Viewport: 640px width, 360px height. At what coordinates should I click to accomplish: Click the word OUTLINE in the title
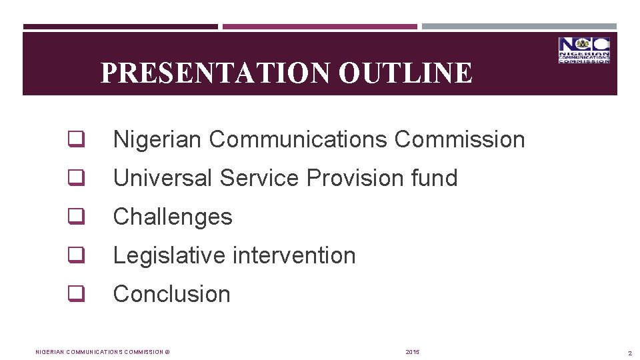coord(405,73)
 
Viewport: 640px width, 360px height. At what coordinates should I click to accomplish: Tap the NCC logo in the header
coord(584,51)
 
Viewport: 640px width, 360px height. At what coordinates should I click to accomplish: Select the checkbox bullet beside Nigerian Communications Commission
coord(74,140)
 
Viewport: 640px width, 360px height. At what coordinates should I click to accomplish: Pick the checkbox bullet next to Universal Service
coord(74,179)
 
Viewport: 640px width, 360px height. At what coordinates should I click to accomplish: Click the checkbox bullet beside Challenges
coord(74,217)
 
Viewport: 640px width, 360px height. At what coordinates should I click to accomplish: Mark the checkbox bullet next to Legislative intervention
coord(74,256)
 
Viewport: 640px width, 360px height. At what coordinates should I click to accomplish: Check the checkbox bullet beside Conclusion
coord(74,294)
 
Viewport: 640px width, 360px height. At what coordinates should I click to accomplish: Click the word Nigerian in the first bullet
coord(158,140)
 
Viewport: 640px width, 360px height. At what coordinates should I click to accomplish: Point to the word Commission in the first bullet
coord(459,140)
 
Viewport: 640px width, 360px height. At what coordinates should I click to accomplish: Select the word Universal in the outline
coord(163,179)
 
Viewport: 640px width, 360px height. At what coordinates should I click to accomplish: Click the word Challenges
coord(173,217)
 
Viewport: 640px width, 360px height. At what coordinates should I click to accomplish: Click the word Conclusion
coord(172,294)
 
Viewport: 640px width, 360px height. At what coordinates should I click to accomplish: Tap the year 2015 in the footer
coord(413,352)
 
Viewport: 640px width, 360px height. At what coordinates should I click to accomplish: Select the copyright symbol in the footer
coord(167,352)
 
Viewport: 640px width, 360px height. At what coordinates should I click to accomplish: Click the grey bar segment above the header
coord(519,27)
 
